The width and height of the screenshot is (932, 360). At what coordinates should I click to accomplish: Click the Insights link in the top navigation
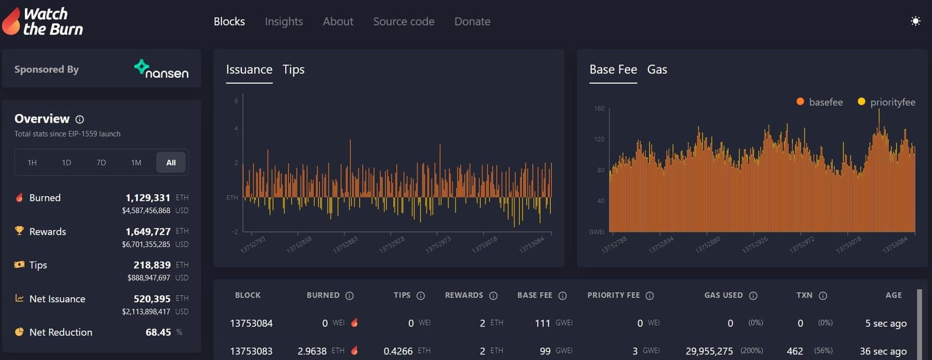click(x=283, y=21)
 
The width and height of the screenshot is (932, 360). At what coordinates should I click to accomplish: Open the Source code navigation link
click(x=404, y=21)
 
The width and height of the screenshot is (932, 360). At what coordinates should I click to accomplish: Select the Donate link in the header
click(x=472, y=21)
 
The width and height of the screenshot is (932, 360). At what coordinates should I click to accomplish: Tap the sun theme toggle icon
click(x=916, y=21)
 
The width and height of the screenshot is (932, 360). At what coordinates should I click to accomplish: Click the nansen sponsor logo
click(x=161, y=69)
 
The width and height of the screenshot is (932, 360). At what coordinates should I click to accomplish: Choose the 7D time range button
click(x=101, y=163)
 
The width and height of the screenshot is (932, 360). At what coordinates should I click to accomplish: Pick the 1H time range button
click(x=32, y=163)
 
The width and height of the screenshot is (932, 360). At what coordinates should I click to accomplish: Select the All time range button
click(x=171, y=163)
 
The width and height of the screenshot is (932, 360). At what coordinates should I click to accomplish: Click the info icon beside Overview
click(x=79, y=120)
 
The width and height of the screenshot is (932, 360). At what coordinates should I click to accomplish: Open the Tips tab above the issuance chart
click(x=293, y=69)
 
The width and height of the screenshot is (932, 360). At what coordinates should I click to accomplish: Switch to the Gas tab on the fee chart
click(x=657, y=69)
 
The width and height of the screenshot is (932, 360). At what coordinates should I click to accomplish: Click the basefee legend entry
click(x=820, y=102)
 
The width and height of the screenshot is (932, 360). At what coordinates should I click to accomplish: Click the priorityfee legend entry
click(x=886, y=102)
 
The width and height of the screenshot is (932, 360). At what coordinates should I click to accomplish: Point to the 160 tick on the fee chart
click(x=599, y=109)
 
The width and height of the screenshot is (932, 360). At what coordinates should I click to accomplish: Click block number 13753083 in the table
click(x=251, y=351)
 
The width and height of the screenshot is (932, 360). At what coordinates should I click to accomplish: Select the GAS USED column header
click(x=723, y=295)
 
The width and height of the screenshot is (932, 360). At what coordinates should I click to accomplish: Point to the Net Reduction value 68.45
click(x=158, y=332)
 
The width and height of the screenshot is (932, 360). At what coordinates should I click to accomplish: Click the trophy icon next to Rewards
click(x=19, y=231)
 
